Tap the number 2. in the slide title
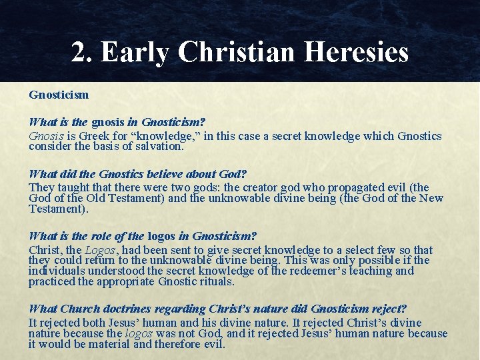point(81,52)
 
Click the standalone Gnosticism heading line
point(59,95)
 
